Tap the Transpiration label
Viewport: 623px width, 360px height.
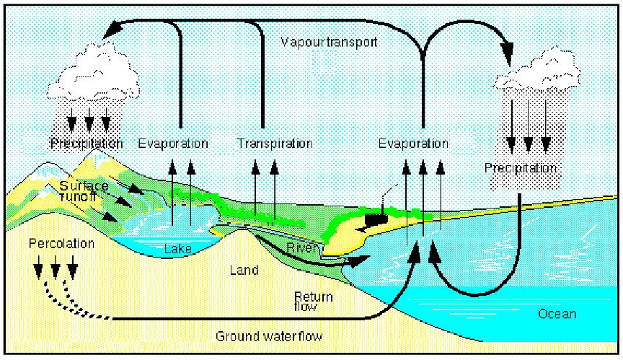coord(275,144)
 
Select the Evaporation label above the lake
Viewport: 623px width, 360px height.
coord(173,144)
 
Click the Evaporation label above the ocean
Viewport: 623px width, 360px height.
coord(413,144)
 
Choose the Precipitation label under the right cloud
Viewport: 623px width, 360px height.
coord(521,168)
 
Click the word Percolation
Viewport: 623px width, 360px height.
coord(61,244)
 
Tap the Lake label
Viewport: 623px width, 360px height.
coord(177,249)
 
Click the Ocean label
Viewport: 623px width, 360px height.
coord(557,315)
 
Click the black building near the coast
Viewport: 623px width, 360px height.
coord(374,216)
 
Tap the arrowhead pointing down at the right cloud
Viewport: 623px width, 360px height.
coord(508,51)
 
